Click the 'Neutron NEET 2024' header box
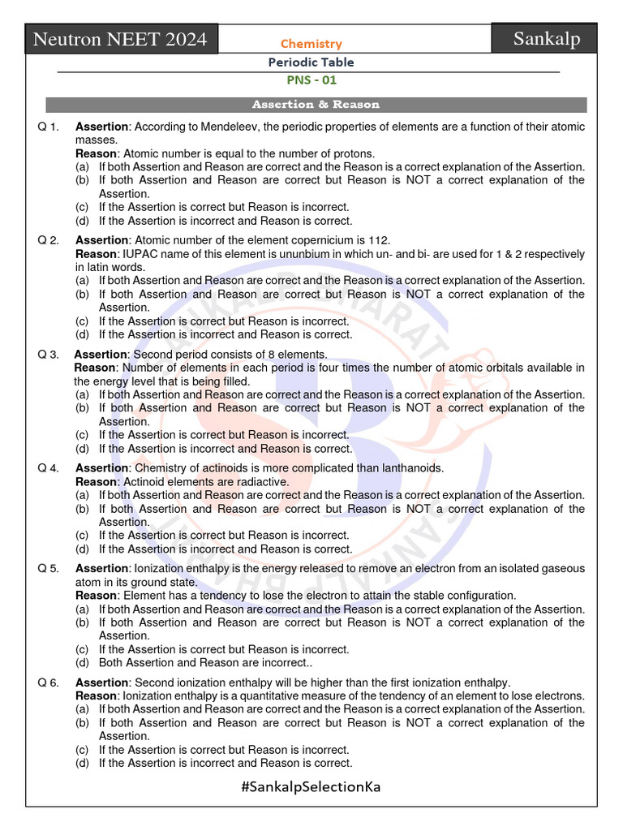[120, 38]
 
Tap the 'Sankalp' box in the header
[547, 38]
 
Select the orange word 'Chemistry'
[311, 44]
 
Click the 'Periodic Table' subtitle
[311, 62]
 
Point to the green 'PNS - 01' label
[311, 80]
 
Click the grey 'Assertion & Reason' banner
[316, 105]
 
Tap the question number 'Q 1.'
[49, 127]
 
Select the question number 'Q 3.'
[49, 355]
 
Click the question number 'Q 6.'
[49, 682]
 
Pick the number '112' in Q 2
[379, 240]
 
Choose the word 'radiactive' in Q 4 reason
[261, 481]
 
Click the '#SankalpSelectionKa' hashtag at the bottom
[311, 786]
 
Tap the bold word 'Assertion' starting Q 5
[102, 569]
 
